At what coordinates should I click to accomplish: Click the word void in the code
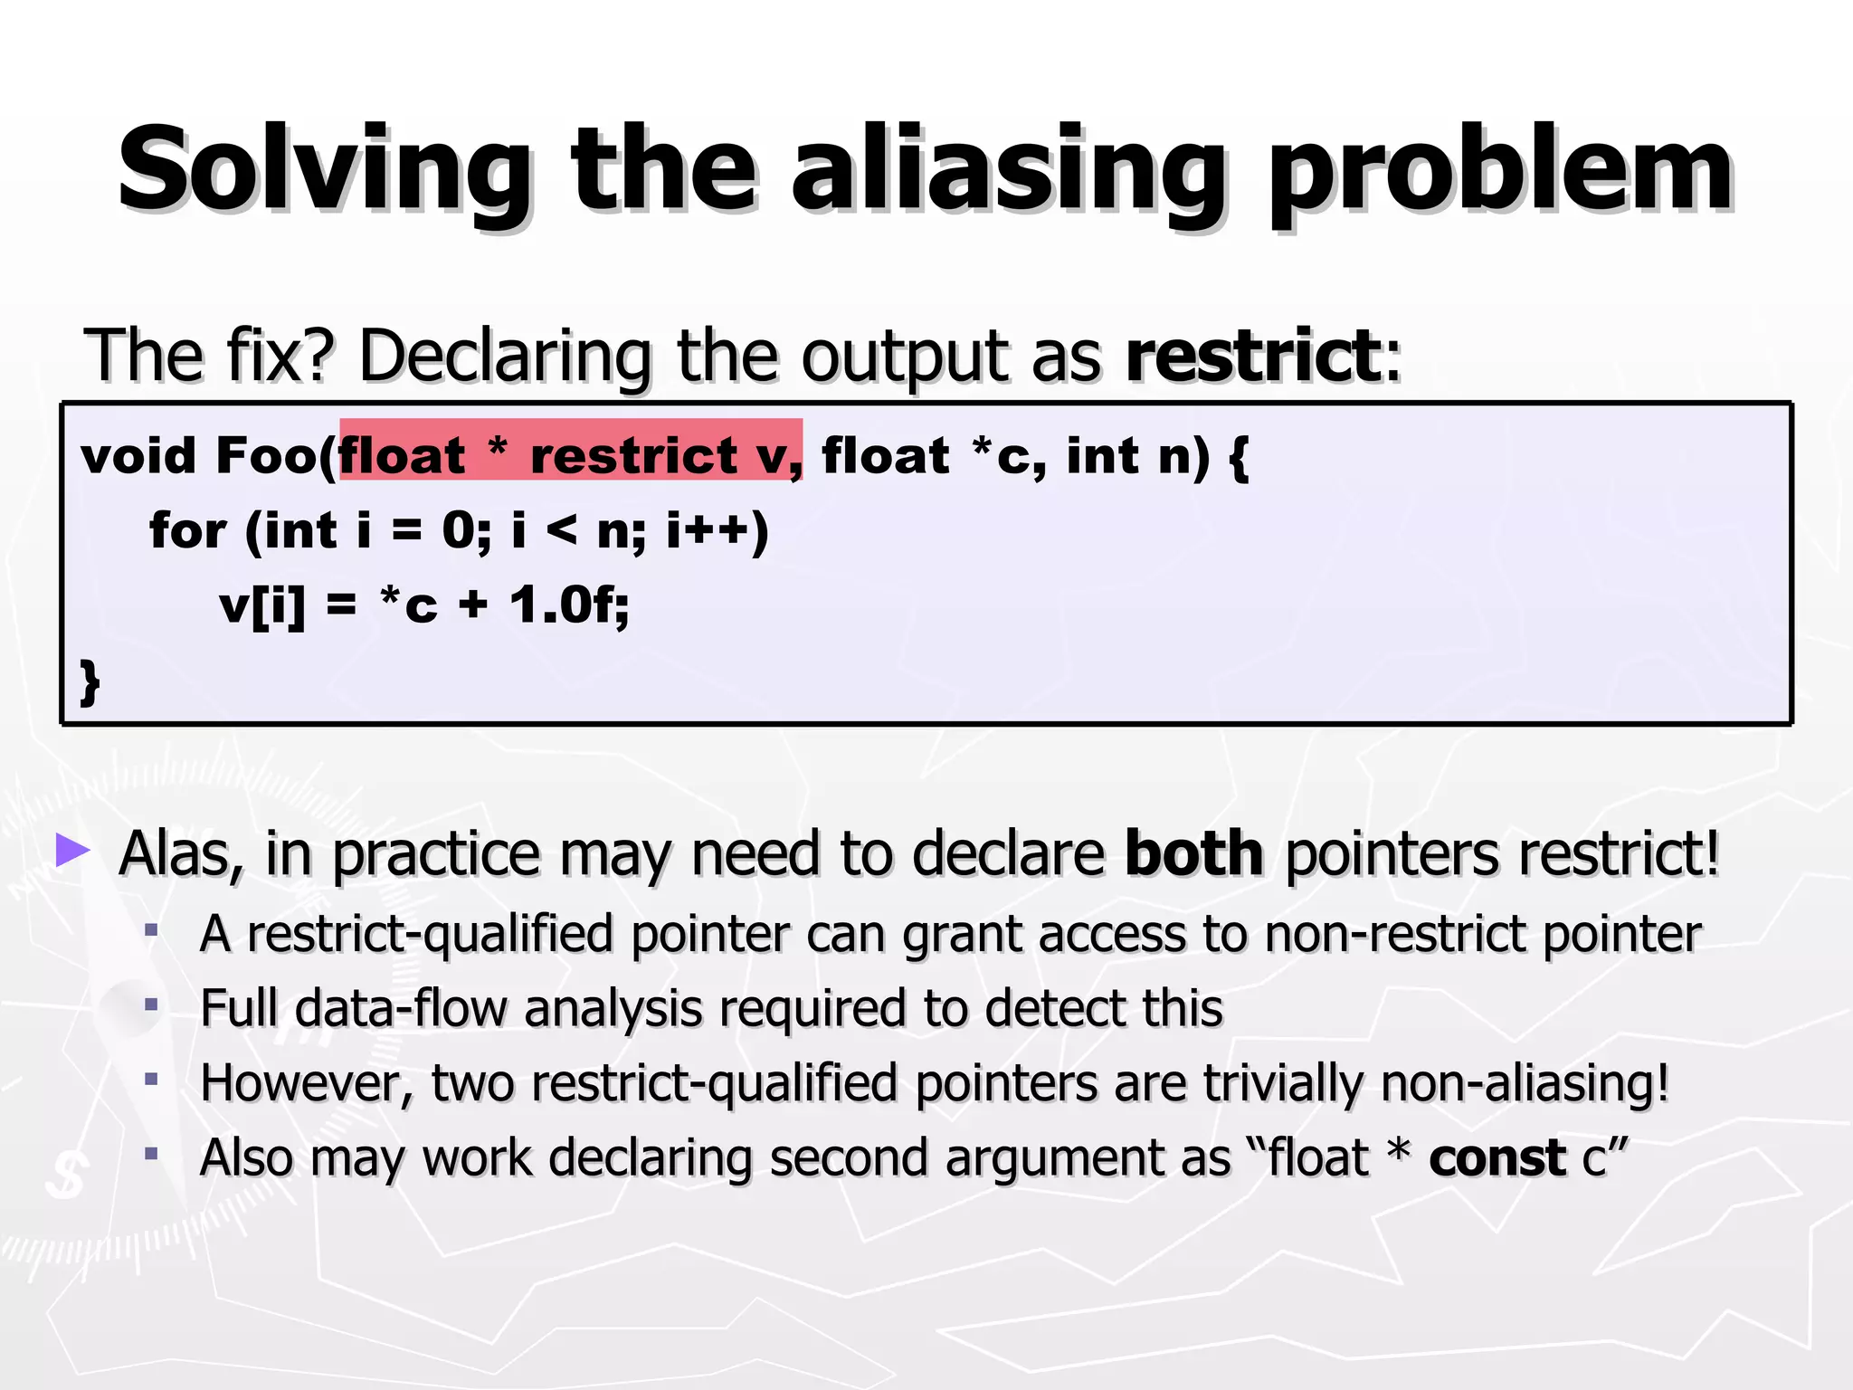(x=138, y=455)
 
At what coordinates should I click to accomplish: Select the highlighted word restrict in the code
(x=634, y=455)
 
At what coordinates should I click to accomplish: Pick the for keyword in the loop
(x=187, y=530)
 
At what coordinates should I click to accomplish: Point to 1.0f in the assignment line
(x=567, y=605)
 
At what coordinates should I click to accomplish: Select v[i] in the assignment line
(x=262, y=605)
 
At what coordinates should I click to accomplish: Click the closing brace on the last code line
(x=90, y=681)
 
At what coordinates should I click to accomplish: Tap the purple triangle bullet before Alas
(x=73, y=851)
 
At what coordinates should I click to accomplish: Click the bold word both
(x=1193, y=853)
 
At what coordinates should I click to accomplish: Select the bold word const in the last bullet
(x=1497, y=1157)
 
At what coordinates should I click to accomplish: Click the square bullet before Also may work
(x=151, y=1154)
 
